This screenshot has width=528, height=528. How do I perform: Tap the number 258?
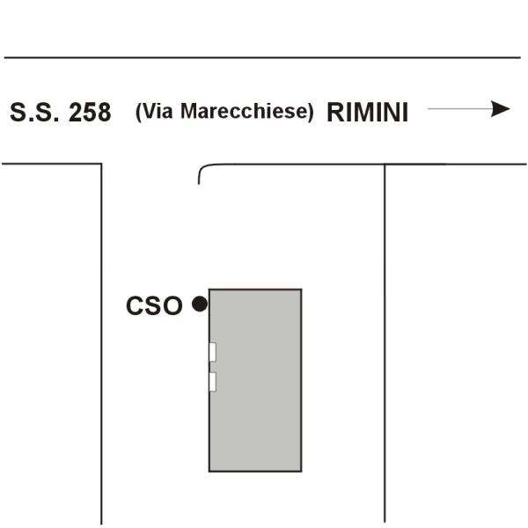(x=90, y=113)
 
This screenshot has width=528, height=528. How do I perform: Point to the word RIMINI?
(x=367, y=113)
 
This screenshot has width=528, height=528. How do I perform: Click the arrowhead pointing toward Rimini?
(x=501, y=109)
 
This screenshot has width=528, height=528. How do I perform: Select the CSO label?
(x=154, y=305)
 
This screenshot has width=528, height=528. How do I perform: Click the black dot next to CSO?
(x=200, y=304)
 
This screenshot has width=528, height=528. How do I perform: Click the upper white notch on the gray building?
(x=212, y=352)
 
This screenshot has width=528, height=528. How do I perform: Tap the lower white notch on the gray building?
(x=212, y=381)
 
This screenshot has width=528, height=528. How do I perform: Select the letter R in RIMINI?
(x=336, y=113)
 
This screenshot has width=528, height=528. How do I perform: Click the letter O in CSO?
(x=172, y=305)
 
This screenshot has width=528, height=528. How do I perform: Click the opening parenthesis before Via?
(x=139, y=112)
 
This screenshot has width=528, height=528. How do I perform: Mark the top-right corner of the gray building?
(x=301, y=290)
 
